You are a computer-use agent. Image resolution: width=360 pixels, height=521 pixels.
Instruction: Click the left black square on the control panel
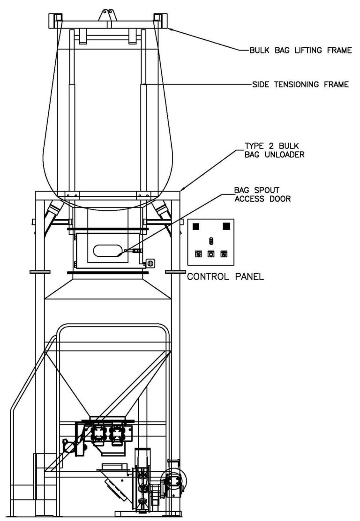point(196,226)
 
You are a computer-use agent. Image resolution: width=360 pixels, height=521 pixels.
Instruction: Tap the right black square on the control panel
point(226,226)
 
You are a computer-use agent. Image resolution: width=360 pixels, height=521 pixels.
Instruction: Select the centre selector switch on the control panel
point(211,241)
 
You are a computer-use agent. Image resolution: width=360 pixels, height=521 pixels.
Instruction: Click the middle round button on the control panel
point(211,254)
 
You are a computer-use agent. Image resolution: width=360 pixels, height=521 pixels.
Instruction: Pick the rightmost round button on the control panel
point(224,254)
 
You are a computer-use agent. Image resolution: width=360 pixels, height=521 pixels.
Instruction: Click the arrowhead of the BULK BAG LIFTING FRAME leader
point(170,28)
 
